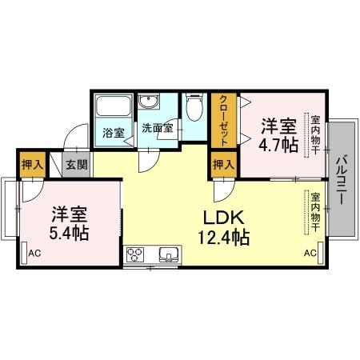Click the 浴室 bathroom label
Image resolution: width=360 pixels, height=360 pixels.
coord(114,134)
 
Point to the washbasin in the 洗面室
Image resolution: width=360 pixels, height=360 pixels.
coord(148,102)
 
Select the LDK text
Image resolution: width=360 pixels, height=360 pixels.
coord(223,217)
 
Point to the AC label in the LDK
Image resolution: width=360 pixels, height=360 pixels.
coord(309,254)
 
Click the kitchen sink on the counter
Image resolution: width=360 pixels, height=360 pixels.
coord(168,256)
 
